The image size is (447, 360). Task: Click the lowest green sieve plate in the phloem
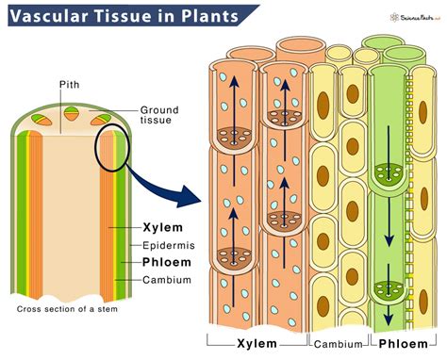pyautogui.click(x=388, y=289)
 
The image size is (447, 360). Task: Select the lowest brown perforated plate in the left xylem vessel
pyautogui.click(x=230, y=255)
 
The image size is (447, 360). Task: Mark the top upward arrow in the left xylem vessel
pyautogui.click(x=230, y=90)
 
